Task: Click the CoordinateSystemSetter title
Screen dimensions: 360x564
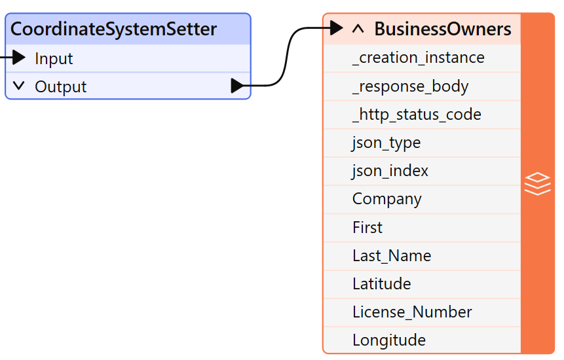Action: [x=113, y=29]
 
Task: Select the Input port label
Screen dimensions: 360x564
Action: [x=54, y=59]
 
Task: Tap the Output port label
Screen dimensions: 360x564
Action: [x=60, y=87]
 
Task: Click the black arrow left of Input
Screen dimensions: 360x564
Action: [x=18, y=58]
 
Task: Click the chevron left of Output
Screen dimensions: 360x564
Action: [x=18, y=86]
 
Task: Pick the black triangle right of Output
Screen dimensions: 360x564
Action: [x=237, y=86]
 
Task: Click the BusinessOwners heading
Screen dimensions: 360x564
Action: [x=442, y=29]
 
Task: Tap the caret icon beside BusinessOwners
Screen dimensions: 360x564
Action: [x=358, y=29]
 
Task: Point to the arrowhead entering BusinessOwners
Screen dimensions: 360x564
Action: [x=336, y=28]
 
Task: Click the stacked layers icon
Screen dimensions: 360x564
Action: [x=537, y=184]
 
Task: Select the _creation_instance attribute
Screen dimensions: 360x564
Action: [x=418, y=58]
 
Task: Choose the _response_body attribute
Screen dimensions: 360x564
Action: [x=410, y=86]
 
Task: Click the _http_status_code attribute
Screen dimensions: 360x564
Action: [x=417, y=115]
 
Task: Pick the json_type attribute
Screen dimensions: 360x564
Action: [x=386, y=143]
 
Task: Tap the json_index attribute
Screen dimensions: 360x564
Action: [x=390, y=171]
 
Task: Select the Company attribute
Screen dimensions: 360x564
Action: [x=386, y=199]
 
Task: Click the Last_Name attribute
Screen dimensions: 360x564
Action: [x=391, y=255]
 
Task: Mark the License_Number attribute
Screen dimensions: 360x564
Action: [x=411, y=312]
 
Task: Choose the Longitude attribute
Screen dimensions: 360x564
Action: [x=388, y=340]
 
